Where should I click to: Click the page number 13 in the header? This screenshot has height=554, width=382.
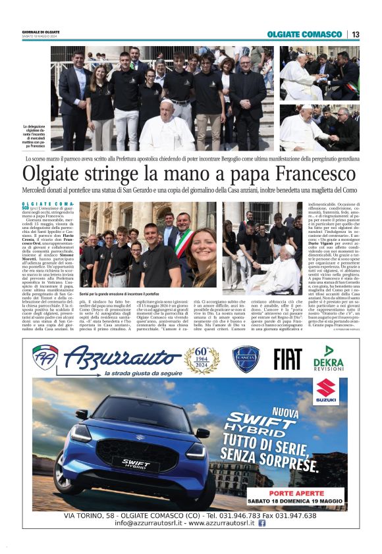[355, 34]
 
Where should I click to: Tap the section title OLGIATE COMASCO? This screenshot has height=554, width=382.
[304, 34]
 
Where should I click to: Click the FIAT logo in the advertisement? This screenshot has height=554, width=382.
[288, 359]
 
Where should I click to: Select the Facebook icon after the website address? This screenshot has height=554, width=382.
[261, 523]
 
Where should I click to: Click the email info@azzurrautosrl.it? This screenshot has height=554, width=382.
[152, 523]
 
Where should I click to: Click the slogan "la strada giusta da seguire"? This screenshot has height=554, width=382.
[135, 373]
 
